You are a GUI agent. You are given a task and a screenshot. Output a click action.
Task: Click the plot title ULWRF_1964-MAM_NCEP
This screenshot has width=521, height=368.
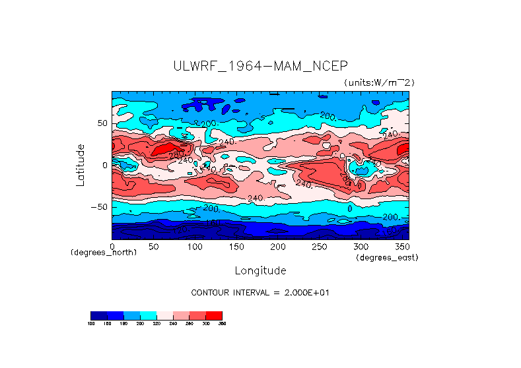pos(260,66)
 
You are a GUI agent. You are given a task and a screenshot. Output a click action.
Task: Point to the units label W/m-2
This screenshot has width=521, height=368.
pos(379,82)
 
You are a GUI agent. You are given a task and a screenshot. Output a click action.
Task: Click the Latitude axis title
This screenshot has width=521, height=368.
pos(80,165)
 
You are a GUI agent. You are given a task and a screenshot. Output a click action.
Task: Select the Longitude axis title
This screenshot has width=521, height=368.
pos(260,270)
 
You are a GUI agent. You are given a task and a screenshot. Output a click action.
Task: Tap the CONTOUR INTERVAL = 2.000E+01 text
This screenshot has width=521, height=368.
pos(260,293)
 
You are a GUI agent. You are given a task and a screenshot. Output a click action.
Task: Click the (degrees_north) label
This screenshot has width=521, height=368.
pos(104,253)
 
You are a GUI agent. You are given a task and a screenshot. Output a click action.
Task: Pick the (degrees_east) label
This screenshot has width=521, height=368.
pos(387,257)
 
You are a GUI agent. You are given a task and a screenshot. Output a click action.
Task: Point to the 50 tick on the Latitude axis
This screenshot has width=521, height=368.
pos(102,123)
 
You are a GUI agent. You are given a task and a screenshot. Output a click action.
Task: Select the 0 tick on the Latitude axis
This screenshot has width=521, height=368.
pos(104,165)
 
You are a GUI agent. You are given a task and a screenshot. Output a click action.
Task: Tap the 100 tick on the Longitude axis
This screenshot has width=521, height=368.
pos(195,246)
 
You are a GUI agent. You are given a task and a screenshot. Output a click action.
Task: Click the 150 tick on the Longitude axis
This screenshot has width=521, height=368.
pos(236,246)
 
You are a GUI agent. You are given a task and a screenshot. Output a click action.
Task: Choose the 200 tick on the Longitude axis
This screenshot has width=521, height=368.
pos(277,246)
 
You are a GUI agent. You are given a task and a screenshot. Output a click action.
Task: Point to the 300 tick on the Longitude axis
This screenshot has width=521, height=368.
pos(360,246)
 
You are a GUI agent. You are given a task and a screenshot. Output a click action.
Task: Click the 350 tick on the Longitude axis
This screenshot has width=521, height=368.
pos(401,246)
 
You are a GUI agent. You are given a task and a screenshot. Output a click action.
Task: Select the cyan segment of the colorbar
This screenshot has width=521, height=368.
pos(148,315)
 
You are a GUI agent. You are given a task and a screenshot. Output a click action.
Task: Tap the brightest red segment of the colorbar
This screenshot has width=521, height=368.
pos(214,315)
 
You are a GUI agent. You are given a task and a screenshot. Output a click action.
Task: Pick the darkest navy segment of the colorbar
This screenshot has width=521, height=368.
pos(98,315)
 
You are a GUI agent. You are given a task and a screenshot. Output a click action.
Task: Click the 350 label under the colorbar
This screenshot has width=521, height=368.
pos(222,324)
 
